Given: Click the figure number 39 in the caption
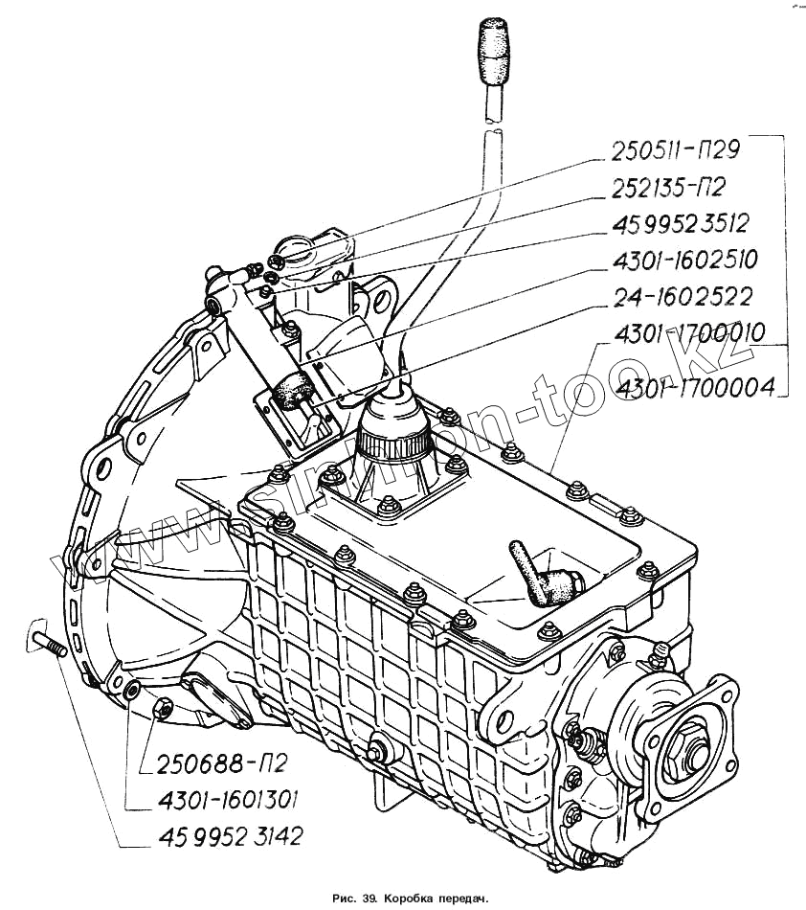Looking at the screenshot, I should point(367,899).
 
